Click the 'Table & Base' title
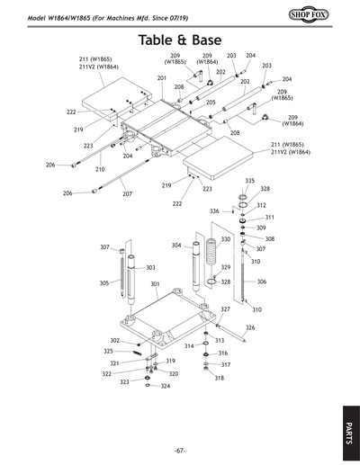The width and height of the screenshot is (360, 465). (x=180, y=41)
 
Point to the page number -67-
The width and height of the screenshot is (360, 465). (x=180, y=451)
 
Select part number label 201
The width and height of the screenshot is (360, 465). (x=162, y=78)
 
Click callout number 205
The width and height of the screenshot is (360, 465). (x=211, y=103)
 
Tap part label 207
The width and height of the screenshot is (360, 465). (x=127, y=193)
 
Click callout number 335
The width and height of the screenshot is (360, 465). (x=250, y=181)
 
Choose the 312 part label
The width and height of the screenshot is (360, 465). (x=261, y=205)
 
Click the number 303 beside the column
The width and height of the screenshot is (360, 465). (x=150, y=267)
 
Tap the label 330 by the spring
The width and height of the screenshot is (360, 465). (x=226, y=239)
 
